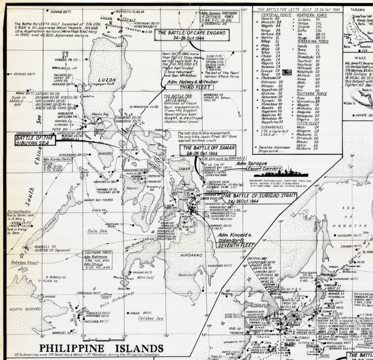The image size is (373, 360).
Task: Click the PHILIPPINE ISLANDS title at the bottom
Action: pyautogui.click(x=101, y=348)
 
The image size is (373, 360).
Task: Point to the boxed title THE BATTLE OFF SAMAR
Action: pyautogui.click(x=205, y=150)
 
